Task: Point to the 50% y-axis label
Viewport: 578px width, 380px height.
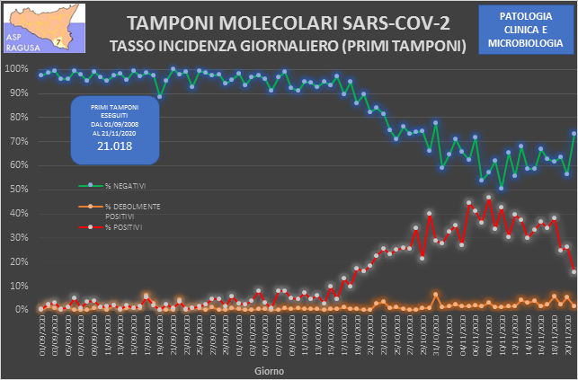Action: point(17,190)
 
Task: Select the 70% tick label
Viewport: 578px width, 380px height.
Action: point(17,141)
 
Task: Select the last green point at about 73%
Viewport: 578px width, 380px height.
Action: point(574,134)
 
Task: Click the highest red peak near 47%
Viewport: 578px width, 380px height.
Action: point(488,197)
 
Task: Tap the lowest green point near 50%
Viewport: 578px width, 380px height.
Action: point(502,188)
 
